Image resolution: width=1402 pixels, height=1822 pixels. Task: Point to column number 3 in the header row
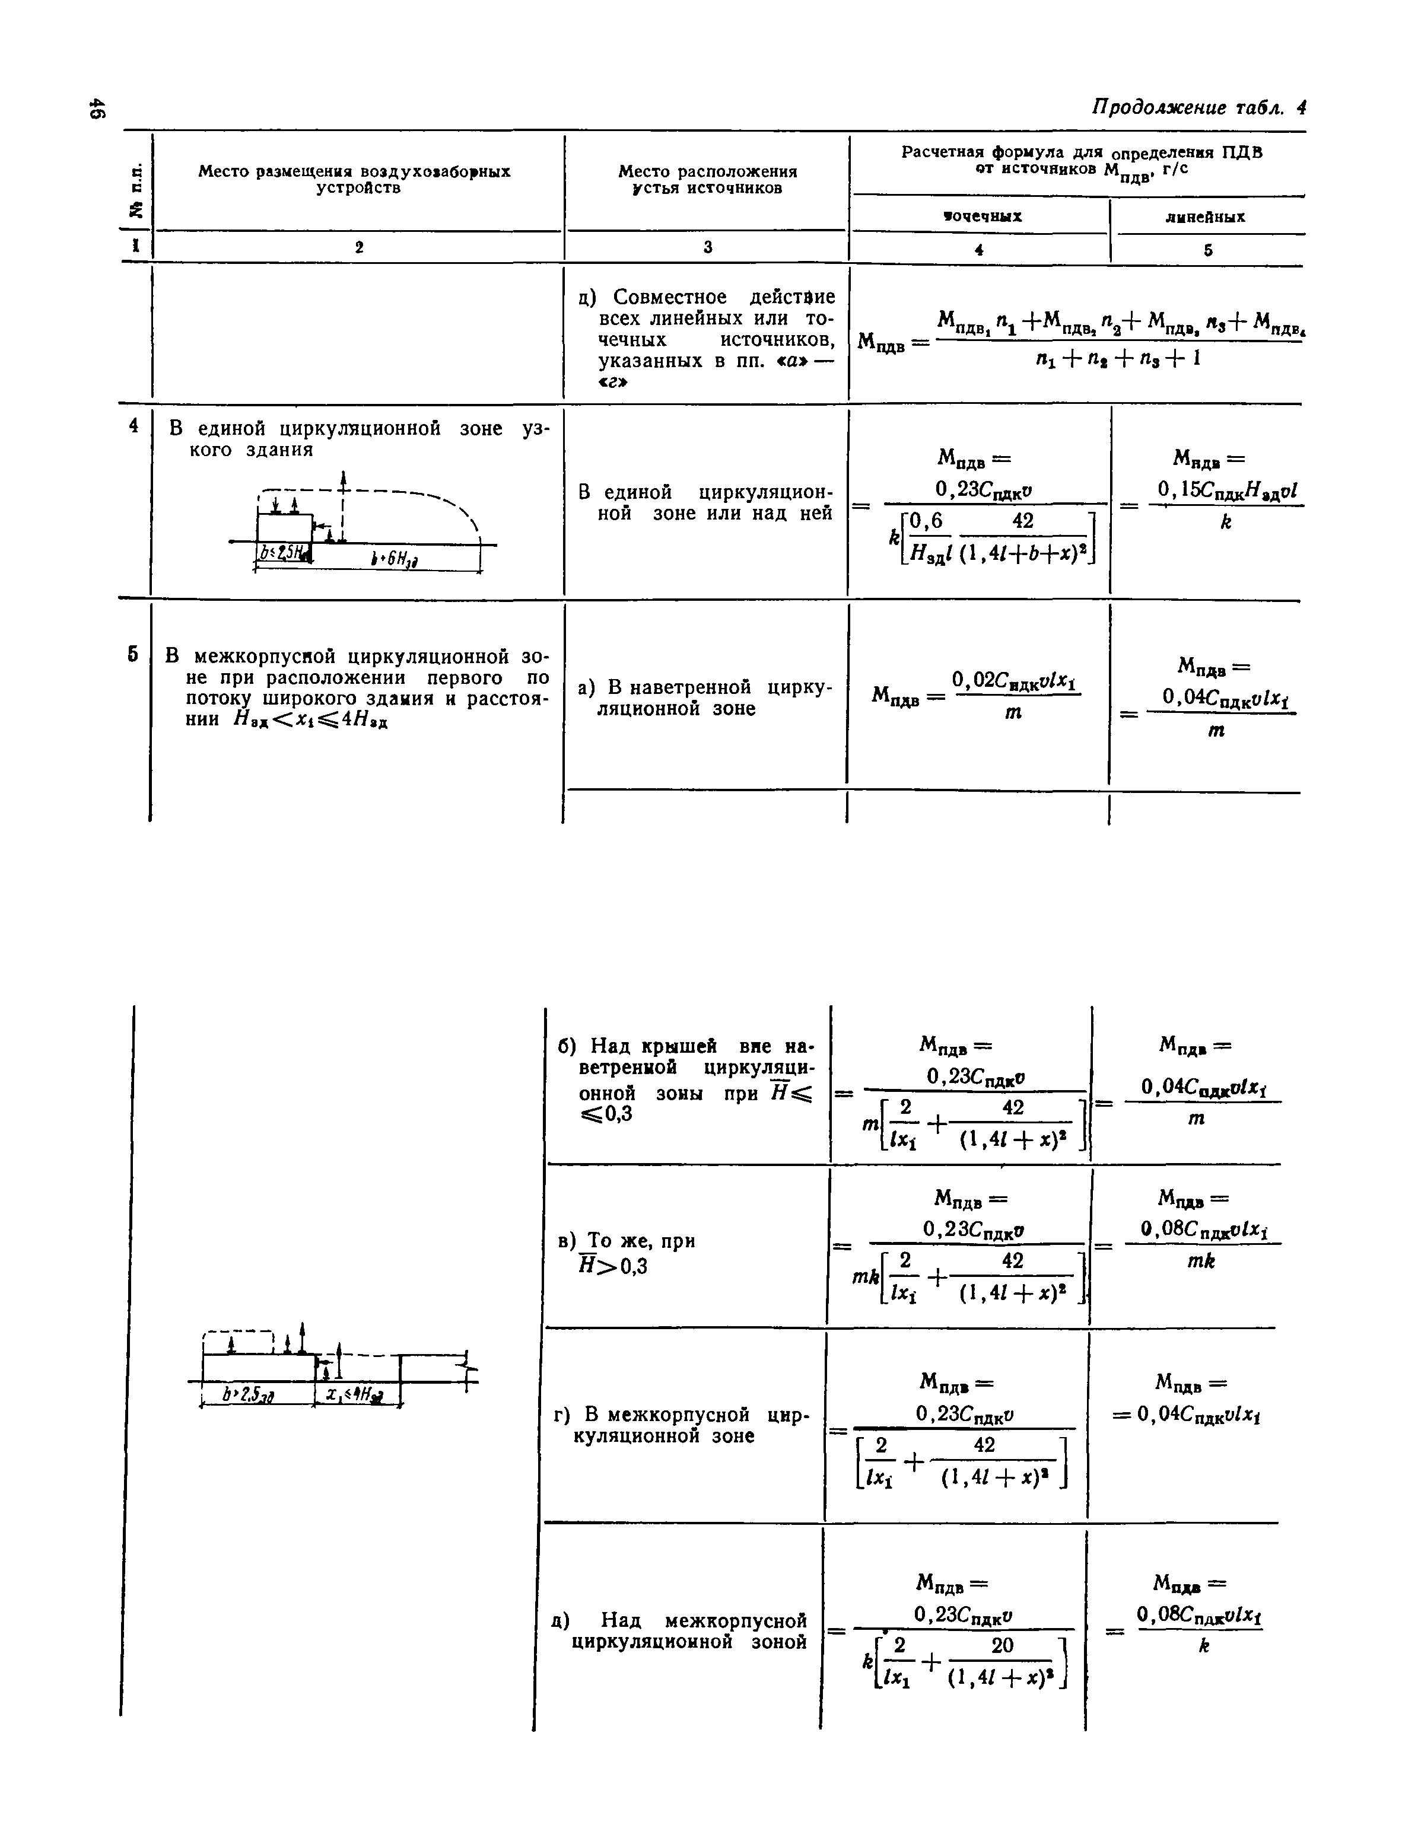[708, 247]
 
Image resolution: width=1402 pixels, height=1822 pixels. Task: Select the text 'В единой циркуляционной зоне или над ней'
[705, 502]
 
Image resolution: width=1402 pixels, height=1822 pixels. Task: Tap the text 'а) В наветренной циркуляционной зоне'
[705, 697]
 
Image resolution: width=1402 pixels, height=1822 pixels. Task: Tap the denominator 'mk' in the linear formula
[1201, 1262]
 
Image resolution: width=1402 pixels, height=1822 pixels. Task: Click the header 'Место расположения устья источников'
[708, 179]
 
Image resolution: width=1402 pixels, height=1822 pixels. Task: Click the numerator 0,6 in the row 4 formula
[926, 521]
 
